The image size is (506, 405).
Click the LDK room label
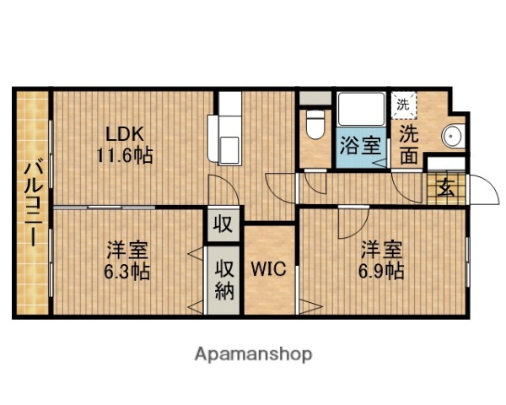125,133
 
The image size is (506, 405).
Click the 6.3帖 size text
127,272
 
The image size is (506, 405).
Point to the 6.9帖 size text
383,272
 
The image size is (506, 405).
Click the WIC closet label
270,270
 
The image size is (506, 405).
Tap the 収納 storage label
224,278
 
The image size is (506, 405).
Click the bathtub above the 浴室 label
361,109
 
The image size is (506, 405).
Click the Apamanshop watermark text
254,353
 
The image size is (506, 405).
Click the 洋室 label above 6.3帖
127,251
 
